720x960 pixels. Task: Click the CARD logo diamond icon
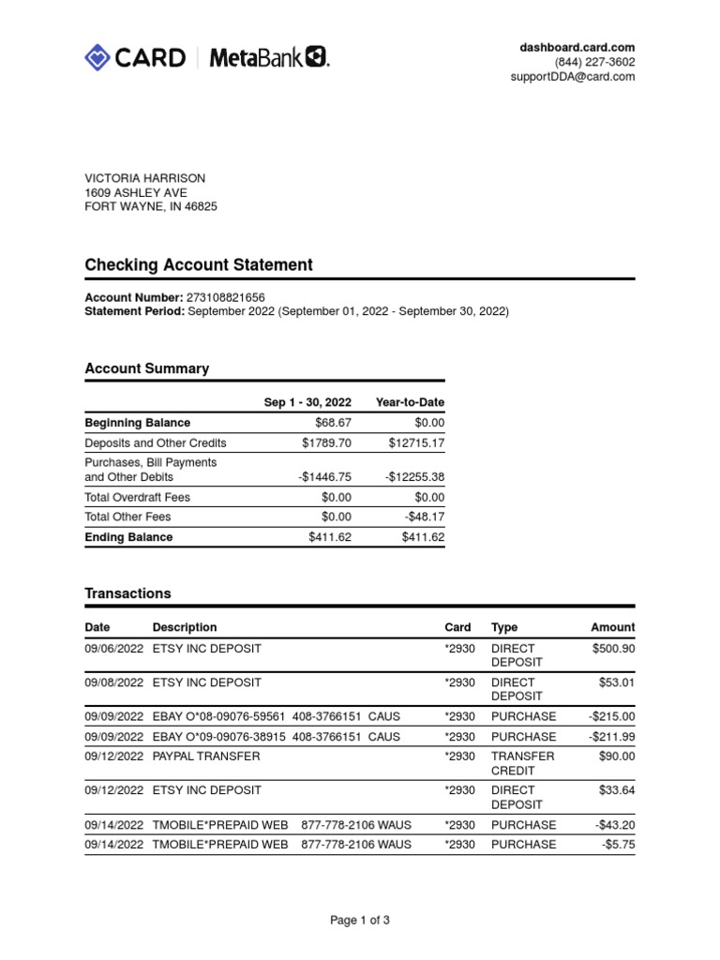[97, 58]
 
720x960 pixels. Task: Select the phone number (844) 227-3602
[594, 62]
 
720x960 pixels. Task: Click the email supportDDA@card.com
[573, 77]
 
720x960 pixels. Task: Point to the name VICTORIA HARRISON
[145, 178]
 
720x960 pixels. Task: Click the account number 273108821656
[232, 296]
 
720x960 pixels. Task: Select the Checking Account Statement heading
[199, 265]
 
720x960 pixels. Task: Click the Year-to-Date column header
[410, 402]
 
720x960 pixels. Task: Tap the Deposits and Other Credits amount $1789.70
[326, 442]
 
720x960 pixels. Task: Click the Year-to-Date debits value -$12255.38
[414, 476]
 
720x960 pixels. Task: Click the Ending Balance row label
[128, 537]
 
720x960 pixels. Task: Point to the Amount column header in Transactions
[612, 627]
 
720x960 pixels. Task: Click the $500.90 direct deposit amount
[613, 648]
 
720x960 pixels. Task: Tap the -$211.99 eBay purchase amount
[611, 737]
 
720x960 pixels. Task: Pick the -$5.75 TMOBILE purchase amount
[619, 844]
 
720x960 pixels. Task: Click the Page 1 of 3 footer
[360, 921]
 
